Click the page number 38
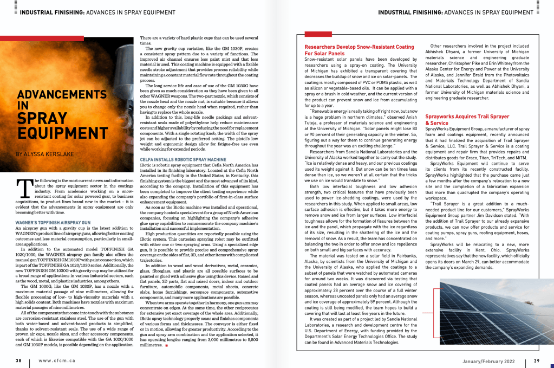(x=18, y=360)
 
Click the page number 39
(x=536, y=360)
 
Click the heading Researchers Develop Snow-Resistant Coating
(x=359, y=47)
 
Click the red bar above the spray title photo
(x=42, y=38)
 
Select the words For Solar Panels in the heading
(x=324, y=54)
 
